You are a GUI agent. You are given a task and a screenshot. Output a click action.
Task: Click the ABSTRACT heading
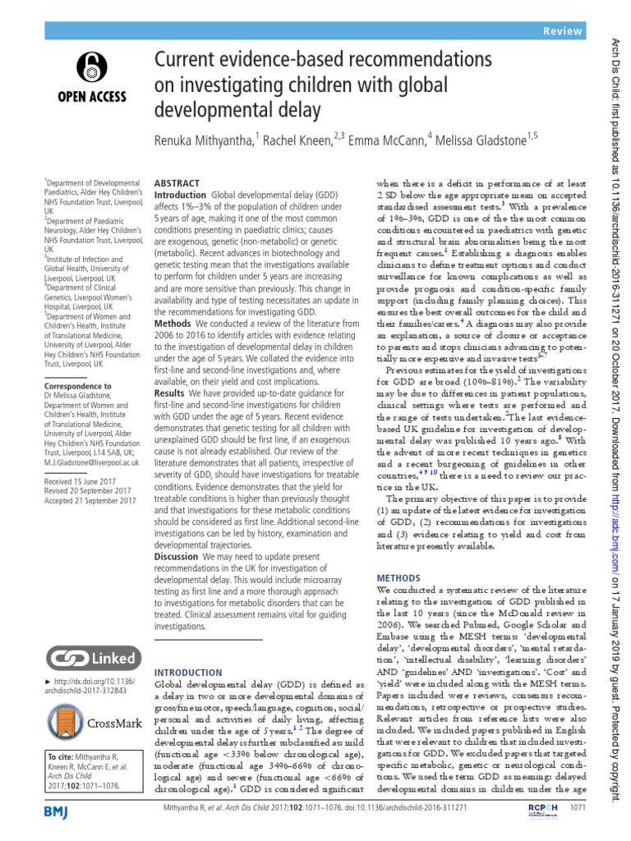coord(178,186)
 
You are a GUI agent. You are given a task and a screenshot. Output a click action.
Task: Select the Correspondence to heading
coord(76,384)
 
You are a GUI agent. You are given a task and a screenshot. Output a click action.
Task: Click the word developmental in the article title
coord(214,109)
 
